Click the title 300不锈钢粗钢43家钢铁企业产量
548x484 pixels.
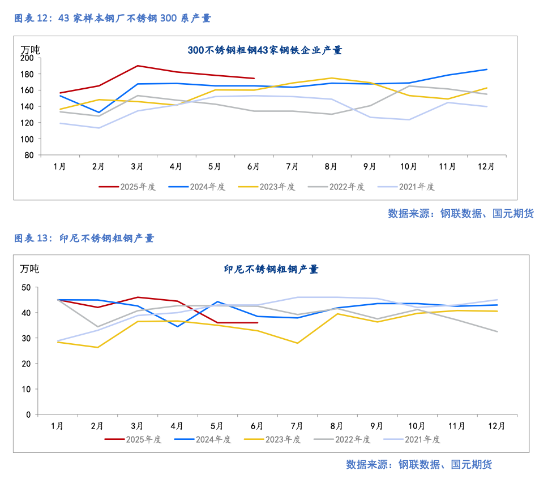click(x=264, y=50)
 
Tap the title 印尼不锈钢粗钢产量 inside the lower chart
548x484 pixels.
click(x=271, y=269)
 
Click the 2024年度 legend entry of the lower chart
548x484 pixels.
click(x=202, y=439)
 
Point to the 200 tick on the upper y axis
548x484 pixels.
click(x=27, y=58)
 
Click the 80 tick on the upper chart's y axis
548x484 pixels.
click(x=29, y=155)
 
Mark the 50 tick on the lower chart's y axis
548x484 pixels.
click(x=26, y=287)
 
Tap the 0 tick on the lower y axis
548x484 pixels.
click(x=28, y=414)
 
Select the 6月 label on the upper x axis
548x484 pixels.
click(x=254, y=167)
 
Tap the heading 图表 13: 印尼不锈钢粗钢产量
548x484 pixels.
click(x=84, y=238)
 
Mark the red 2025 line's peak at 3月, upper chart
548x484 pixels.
click(x=138, y=66)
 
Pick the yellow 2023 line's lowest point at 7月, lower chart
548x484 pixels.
click(x=297, y=343)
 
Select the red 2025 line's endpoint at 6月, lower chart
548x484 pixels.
click(x=258, y=323)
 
